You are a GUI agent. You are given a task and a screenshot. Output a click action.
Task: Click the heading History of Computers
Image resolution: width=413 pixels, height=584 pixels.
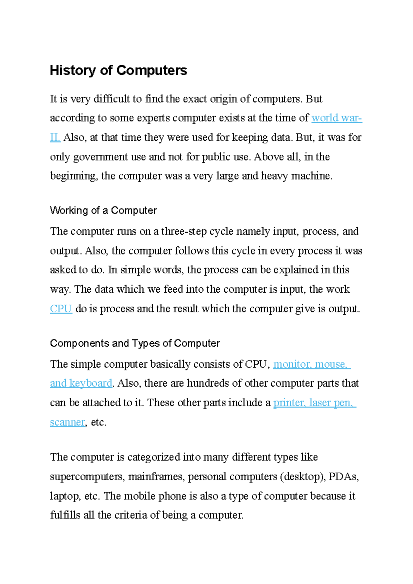click(x=118, y=71)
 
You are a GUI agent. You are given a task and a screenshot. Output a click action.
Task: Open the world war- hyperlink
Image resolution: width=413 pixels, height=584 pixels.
click(x=336, y=118)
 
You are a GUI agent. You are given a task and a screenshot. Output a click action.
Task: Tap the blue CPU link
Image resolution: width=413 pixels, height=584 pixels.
click(x=61, y=309)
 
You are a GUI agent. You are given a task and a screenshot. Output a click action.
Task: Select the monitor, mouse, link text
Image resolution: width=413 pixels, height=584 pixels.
click(x=311, y=364)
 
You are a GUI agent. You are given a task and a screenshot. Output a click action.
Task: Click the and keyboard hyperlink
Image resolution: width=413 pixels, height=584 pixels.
click(x=81, y=383)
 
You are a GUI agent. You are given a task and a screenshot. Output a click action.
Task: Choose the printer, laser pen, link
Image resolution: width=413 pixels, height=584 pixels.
click(x=314, y=402)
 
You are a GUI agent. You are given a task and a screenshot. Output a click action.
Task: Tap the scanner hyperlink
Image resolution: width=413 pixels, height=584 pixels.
click(x=67, y=422)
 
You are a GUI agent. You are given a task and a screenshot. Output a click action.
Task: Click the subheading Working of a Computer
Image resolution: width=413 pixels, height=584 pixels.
click(x=103, y=210)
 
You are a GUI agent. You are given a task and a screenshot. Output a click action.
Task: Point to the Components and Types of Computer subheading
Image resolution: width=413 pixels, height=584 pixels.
click(x=135, y=343)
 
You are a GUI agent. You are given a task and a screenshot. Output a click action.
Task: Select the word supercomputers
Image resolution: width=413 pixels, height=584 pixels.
click(x=87, y=477)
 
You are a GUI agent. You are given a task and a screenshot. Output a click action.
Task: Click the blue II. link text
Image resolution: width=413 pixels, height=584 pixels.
click(x=55, y=138)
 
